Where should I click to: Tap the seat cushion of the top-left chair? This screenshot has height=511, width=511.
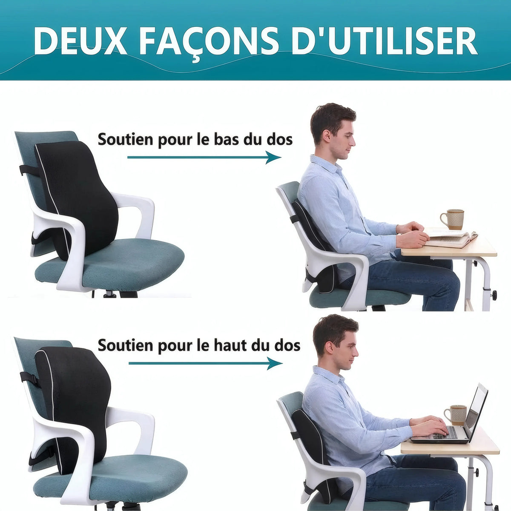click(128, 260)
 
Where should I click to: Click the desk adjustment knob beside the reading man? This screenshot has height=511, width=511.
click(494, 295)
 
